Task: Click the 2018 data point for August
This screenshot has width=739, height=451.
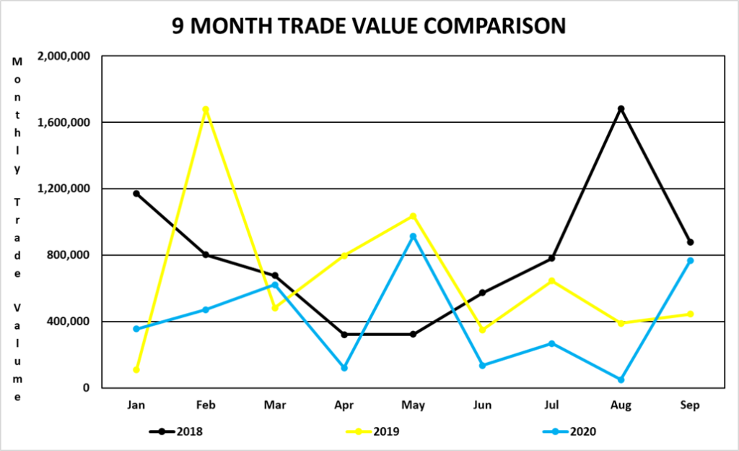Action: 621,108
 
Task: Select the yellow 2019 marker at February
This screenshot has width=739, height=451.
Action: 206,110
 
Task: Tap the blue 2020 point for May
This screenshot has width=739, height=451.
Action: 413,236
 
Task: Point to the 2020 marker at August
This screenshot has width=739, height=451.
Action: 621,379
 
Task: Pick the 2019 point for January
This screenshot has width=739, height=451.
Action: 136,369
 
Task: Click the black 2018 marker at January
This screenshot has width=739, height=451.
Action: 136,194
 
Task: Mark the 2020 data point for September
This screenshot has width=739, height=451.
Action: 690,261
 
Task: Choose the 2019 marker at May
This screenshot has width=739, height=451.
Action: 413,216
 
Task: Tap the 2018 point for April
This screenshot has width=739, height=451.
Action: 344,335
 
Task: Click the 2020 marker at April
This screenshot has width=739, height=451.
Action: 344,368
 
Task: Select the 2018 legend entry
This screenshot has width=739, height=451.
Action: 176,431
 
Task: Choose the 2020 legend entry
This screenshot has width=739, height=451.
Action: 570,431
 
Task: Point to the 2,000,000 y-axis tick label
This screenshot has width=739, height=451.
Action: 66,56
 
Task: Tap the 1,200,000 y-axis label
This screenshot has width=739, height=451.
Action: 66,189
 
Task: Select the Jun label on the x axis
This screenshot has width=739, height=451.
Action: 482,405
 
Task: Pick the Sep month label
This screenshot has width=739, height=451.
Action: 690,405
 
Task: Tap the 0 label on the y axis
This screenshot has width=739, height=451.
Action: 86,388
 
